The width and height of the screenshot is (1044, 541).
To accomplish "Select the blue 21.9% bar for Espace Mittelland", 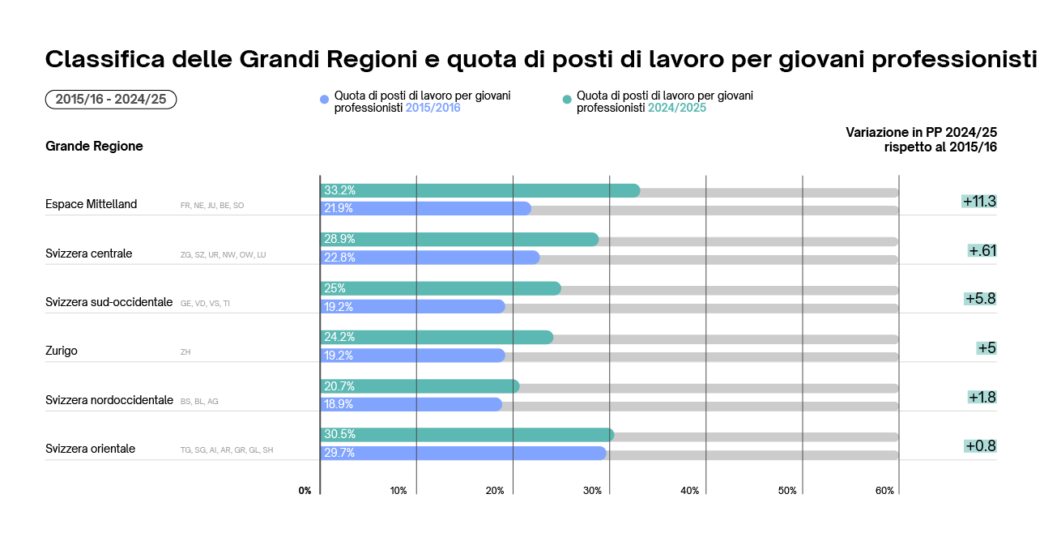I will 425,209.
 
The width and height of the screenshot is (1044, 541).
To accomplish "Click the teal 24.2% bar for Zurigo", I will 437,338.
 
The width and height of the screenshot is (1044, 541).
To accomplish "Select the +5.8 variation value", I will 980,299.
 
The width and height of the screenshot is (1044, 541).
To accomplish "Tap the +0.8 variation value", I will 980,445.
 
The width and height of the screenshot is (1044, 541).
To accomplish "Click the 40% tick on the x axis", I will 689,491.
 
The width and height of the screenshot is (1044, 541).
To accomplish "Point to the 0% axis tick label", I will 305,491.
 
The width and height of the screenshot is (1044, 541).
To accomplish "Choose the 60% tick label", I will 884,491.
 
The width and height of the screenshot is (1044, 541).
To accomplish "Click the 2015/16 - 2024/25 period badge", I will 111,100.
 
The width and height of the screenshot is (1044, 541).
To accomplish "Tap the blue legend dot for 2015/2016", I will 325,100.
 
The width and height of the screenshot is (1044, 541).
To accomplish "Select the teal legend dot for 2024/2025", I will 567,100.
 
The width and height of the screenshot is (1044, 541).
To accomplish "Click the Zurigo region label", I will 62,351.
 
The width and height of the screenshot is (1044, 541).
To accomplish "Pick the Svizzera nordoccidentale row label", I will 109,400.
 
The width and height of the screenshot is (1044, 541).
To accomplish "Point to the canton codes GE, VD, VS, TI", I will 205,304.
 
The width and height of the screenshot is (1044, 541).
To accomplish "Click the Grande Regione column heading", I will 94,147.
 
